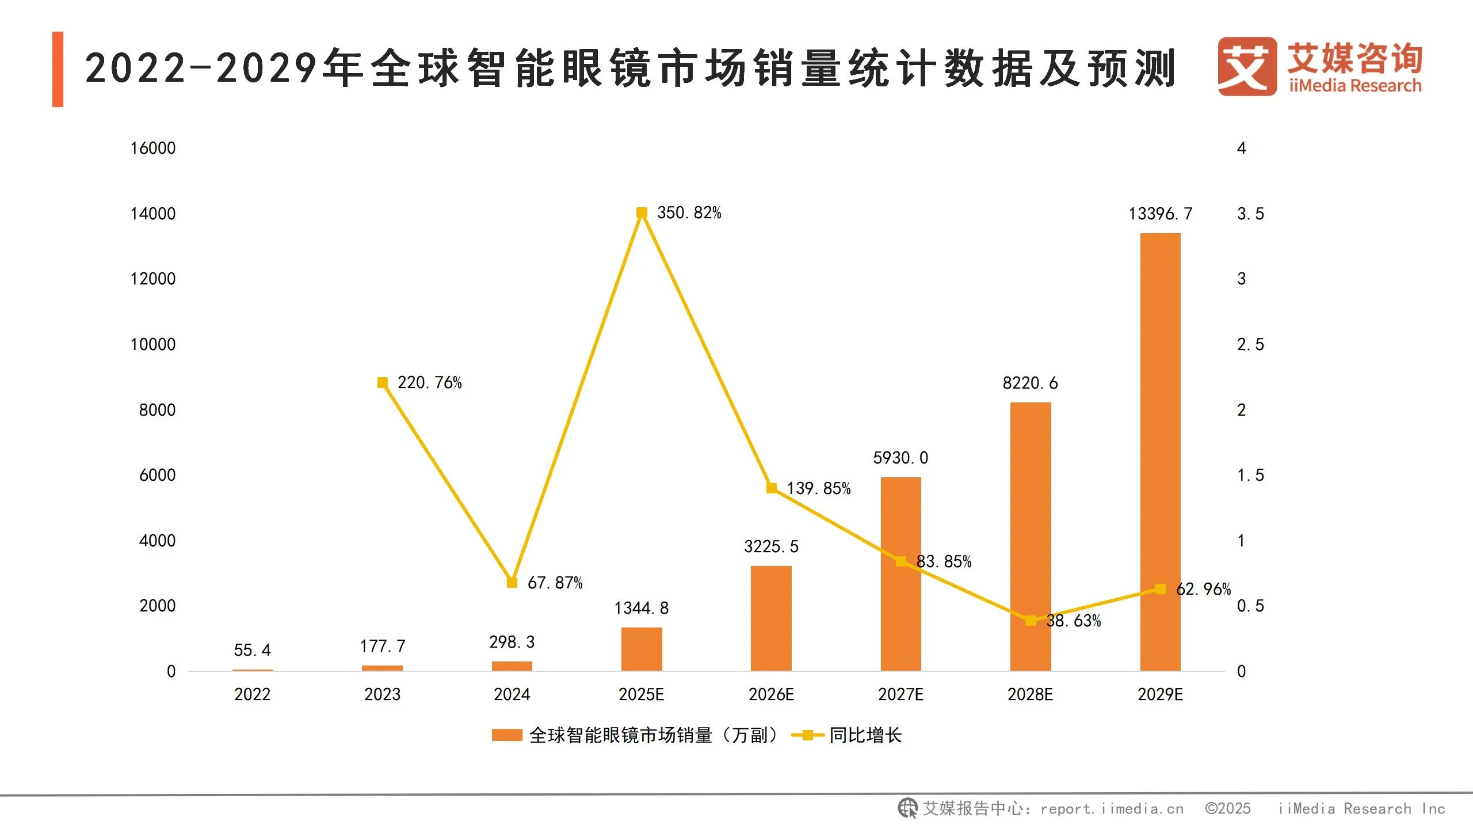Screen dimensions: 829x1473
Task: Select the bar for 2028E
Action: [1030, 535]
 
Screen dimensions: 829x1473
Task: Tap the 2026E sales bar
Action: [771, 619]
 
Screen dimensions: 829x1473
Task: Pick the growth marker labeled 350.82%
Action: [642, 213]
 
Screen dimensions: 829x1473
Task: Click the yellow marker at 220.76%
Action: [382, 383]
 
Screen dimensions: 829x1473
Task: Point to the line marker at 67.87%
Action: [512, 583]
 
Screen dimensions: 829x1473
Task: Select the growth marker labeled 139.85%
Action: [772, 488]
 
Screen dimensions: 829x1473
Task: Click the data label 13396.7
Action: [1160, 214]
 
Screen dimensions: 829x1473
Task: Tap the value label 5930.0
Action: [900, 458]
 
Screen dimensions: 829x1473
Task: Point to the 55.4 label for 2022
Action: [252, 651]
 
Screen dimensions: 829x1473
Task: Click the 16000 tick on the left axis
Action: [152, 149]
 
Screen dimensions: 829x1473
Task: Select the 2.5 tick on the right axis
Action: [1250, 345]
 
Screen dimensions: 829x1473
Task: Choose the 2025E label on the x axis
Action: [641, 694]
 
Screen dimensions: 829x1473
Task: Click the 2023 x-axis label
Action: [382, 694]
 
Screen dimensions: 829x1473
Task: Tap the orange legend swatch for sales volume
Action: [506, 735]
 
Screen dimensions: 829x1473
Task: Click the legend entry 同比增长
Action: [865, 735]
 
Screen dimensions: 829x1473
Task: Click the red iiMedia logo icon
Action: [1246, 67]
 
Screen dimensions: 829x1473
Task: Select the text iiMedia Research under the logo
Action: [1355, 86]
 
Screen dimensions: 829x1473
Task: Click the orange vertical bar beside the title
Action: [58, 69]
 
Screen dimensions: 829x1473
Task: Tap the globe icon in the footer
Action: [907, 808]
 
